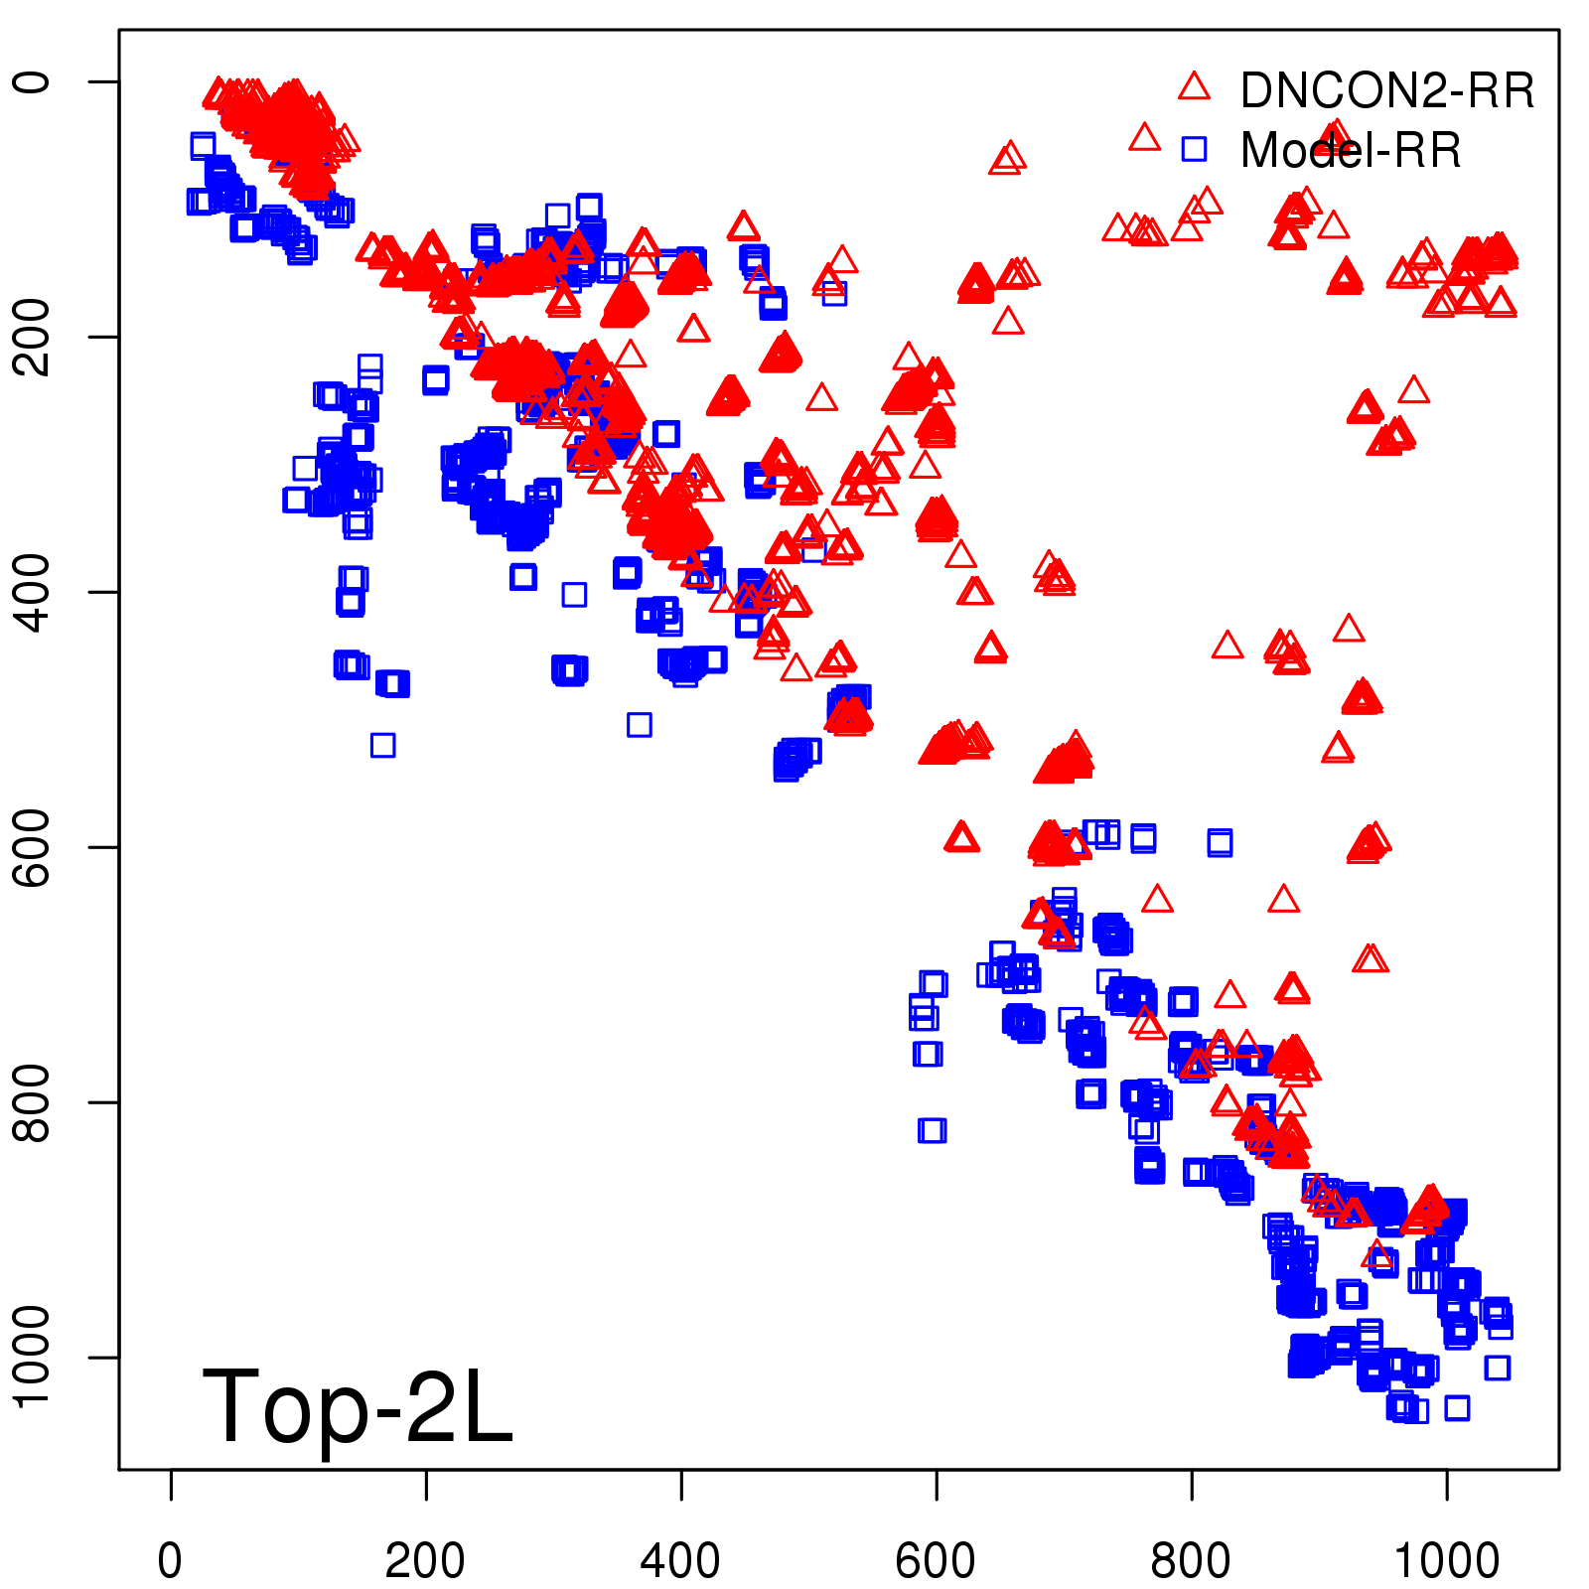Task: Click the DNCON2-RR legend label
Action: [1386, 91]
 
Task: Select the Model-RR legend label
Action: [1351, 151]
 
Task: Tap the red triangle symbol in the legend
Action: [1194, 86]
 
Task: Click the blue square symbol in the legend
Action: [1194, 149]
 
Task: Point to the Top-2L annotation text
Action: [358, 1406]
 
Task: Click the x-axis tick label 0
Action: [170, 1561]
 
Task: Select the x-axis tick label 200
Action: [425, 1561]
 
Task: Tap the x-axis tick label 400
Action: [680, 1561]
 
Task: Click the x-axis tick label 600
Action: [936, 1561]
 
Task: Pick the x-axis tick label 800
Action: [1191, 1561]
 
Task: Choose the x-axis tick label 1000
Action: [1446, 1561]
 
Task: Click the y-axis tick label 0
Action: [32, 81]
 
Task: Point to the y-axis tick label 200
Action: [32, 337]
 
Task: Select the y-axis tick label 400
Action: [32, 592]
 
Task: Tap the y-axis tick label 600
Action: [32, 847]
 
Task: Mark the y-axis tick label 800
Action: [32, 1102]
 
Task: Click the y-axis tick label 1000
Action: [32, 1357]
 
